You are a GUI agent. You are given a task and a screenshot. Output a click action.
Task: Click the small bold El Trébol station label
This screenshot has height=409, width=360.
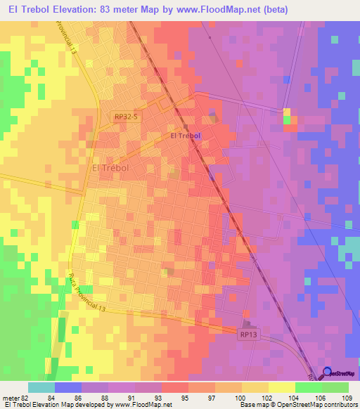pyautogui.click(x=186, y=136)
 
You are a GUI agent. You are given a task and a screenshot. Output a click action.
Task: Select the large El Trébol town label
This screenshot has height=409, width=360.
pyautogui.click(x=112, y=169)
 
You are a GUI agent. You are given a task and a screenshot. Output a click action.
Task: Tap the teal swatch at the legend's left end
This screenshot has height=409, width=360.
pyautogui.click(x=41, y=387)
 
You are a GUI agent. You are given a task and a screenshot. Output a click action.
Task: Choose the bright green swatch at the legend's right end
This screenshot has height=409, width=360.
pyautogui.click(x=335, y=387)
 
